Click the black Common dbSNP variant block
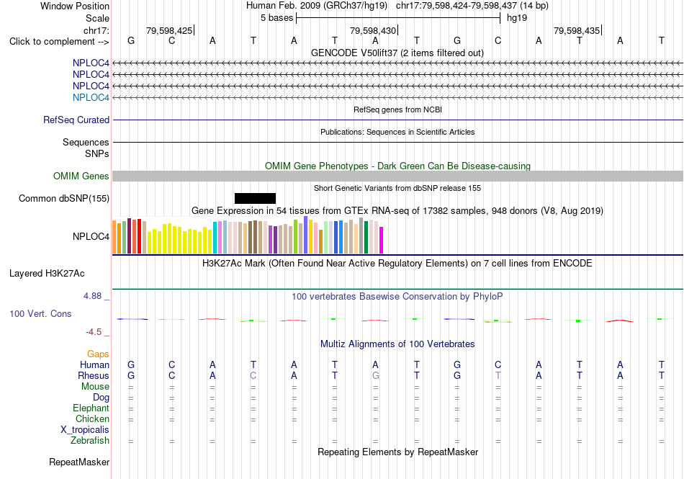[255, 199]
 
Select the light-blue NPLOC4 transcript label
[91, 97]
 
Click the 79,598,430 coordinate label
[373, 30]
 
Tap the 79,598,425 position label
[169, 30]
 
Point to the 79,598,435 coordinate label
[577, 30]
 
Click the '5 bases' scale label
[277, 18]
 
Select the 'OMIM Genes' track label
[81, 176]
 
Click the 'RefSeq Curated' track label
[76, 120]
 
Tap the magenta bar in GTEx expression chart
[382, 240]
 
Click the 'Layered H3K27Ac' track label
[47, 274]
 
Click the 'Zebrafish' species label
[90, 441]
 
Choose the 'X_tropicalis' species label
[85, 430]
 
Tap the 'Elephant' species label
[91, 408]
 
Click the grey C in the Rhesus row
[253, 375]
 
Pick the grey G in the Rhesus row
[376, 375]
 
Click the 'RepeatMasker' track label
[79, 462]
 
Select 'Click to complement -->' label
[59, 42]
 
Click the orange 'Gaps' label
[98, 354]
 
